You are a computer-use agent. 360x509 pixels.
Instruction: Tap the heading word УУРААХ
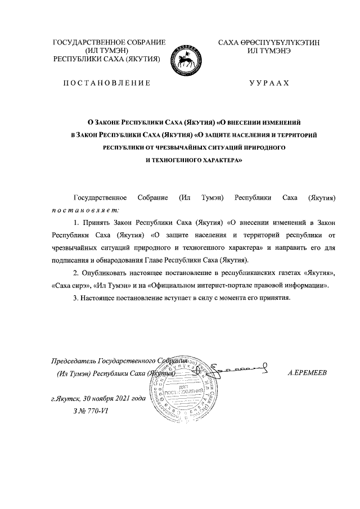[x=269, y=83]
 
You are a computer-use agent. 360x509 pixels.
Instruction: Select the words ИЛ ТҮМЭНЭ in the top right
[x=269, y=51]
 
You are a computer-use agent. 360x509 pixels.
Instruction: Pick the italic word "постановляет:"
[x=81, y=209]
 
